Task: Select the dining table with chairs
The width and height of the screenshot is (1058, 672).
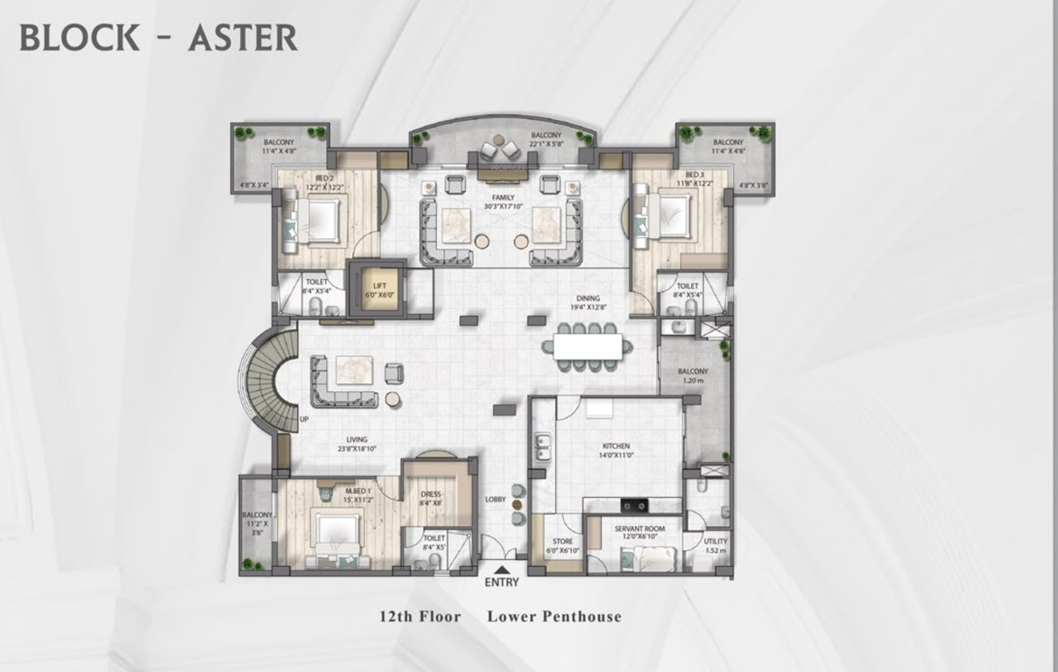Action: pyautogui.click(x=588, y=344)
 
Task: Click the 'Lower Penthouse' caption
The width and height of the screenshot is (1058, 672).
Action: pyautogui.click(x=554, y=617)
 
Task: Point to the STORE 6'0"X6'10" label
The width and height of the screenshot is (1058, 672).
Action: pyautogui.click(x=562, y=546)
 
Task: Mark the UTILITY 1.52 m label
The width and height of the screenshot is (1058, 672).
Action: pyautogui.click(x=716, y=546)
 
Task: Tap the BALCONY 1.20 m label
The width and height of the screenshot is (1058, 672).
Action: pyautogui.click(x=693, y=376)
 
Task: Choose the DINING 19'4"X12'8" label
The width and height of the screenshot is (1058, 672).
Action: pyautogui.click(x=588, y=303)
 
